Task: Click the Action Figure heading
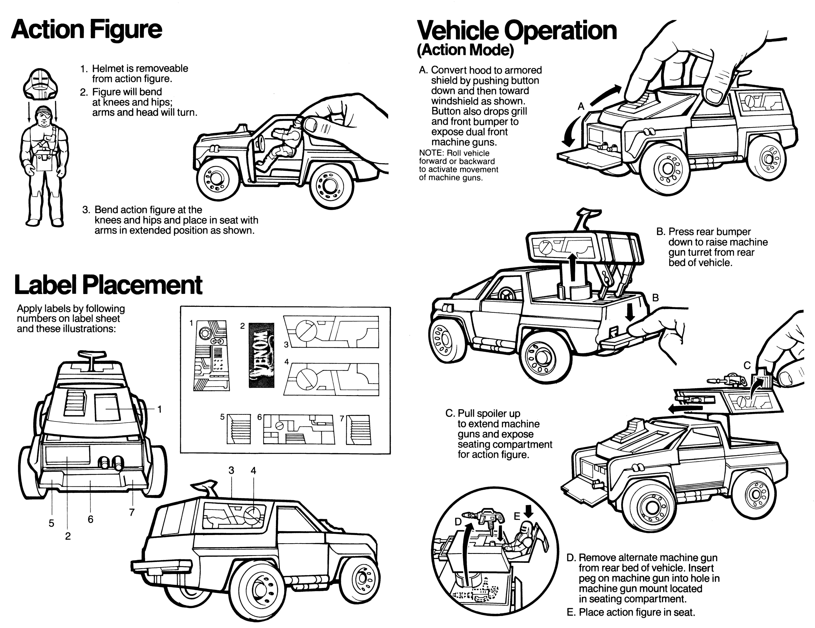[87, 30]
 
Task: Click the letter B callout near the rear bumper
[655, 298]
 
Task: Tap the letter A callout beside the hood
[581, 107]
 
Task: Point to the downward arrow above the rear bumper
[630, 312]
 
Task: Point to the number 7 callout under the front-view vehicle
[132, 512]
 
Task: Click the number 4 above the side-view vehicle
[253, 471]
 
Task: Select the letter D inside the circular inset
[458, 522]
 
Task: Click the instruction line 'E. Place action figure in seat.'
[631, 612]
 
